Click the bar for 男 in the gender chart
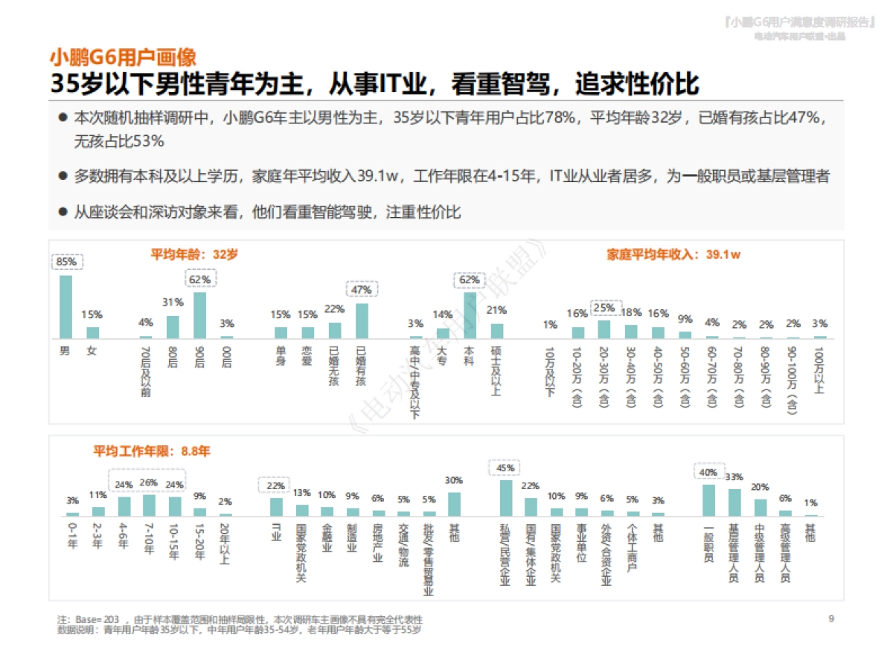pos(65,307)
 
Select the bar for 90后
pos(199,315)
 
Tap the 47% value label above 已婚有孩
pos(362,288)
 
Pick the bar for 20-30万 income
pos(604,329)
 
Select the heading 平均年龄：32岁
pos(194,254)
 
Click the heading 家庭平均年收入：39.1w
pos(673,254)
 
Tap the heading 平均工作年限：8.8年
pos(152,451)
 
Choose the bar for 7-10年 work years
pos(149,505)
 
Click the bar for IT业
pos(276,506)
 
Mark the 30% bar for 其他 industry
pos(453,504)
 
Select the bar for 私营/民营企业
pos(505,498)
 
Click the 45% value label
pos(505,468)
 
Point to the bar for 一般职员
pos(708,500)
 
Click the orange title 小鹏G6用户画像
pos(123,57)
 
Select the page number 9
pos(831,618)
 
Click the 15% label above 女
pos(92,314)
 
